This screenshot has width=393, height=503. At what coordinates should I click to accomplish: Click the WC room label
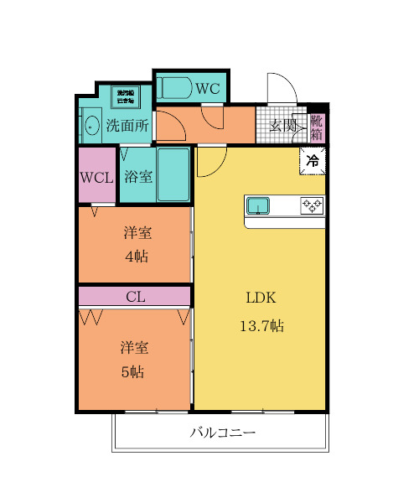point(209,88)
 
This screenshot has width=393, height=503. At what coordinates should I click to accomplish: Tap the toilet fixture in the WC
point(176,87)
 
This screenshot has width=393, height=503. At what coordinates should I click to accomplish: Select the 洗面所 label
point(127,126)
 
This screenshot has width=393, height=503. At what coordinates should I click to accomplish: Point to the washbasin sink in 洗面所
point(90,126)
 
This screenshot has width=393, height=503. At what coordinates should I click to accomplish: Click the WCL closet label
point(96,177)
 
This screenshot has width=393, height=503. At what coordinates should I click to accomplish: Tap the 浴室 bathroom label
point(137,177)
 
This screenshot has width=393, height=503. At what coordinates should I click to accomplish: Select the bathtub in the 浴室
point(174,174)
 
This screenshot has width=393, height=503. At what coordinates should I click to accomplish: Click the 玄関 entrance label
point(282,126)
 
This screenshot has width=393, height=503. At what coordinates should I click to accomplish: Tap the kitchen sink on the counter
point(258,206)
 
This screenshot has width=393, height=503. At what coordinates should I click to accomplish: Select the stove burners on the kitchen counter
point(312,206)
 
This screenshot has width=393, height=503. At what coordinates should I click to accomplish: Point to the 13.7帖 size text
point(261,325)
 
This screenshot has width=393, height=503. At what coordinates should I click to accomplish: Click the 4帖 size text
point(137,256)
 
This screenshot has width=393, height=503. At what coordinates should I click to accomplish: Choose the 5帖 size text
point(132,371)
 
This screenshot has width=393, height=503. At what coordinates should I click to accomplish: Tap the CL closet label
point(135,296)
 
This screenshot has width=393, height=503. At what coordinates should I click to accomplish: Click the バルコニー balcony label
point(222,433)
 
